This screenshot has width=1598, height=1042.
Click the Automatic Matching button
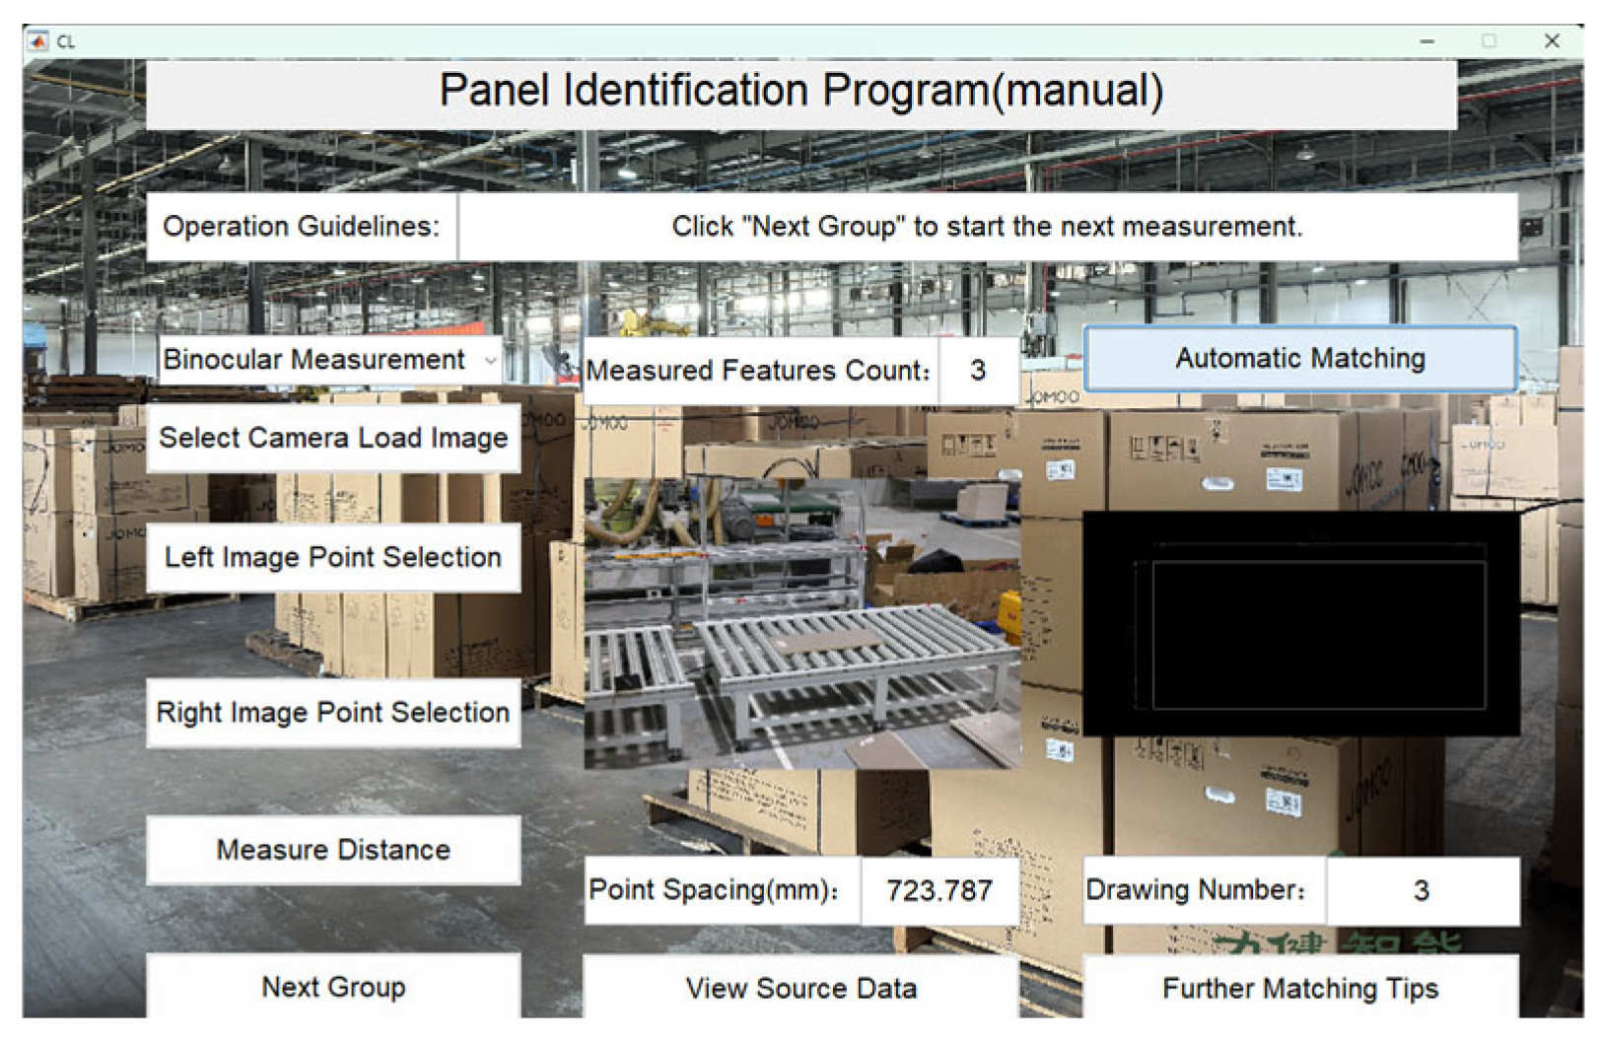pyautogui.click(x=1299, y=359)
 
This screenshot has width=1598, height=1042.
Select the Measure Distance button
pyautogui.click(x=333, y=850)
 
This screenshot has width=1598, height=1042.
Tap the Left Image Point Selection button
pyautogui.click(x=333, y=558)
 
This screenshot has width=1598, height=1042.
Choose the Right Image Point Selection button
pyautogui.click(x=333, y=713)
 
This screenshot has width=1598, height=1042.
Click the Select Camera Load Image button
pyautogui.click(x=333, y=438)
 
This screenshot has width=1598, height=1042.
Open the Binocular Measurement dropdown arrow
pyautogui.click(x=490, y=361)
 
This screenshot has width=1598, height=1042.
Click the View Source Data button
pyautogui.click(x=800, y=988)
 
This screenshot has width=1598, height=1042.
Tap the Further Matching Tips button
pyautogui.click(x=1299, y=988)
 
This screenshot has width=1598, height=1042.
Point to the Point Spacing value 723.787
pyautogui.click(x=938, y=891)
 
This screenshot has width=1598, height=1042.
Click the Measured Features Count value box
pyautogui.click(x=977, y=371)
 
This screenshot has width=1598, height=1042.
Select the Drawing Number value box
pyautogui.click(x=1421, y=891)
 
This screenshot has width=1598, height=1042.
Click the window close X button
pyautogui.click(x=1552, y=41)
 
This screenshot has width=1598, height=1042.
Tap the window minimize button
pyautogui.click(x=1426, y=41)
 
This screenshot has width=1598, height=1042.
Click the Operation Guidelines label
pyautogui.click(x=301, y=227)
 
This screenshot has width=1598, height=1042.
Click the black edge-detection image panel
pyautogui.click(x=1300, y=623)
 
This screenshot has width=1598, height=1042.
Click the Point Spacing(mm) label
pyautogui.click(x=714, y=890)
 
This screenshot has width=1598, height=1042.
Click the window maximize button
pyautogui.click(x=1489, y=41)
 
